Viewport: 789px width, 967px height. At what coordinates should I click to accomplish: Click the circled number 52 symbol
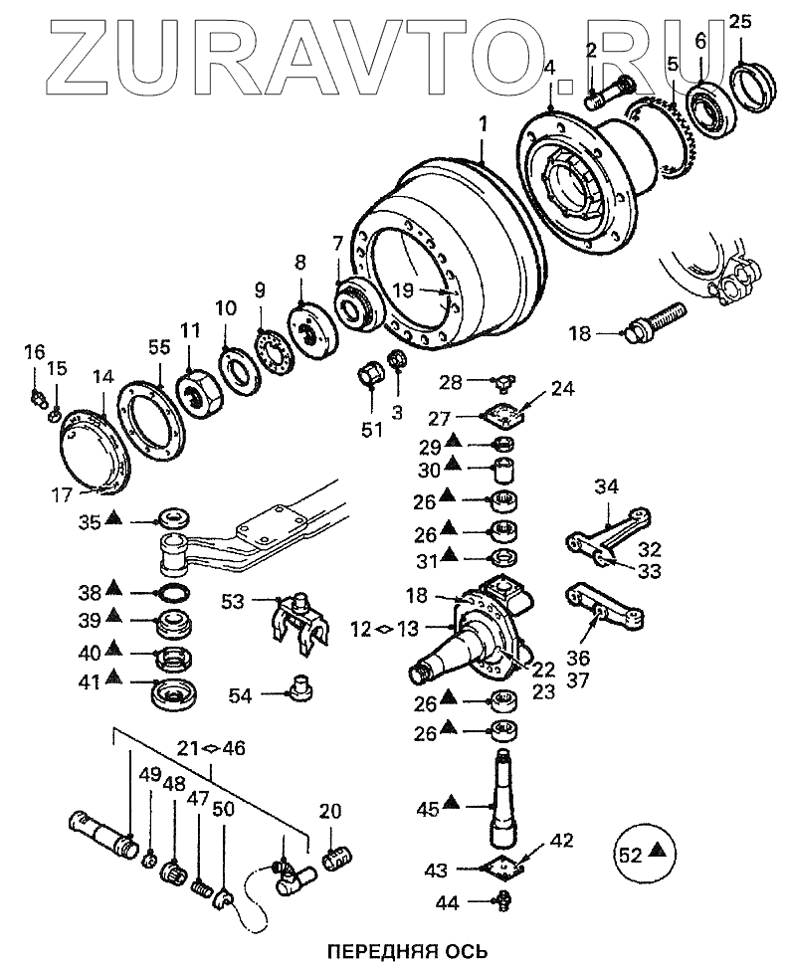643,851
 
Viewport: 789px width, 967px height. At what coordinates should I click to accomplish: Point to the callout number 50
224,809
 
